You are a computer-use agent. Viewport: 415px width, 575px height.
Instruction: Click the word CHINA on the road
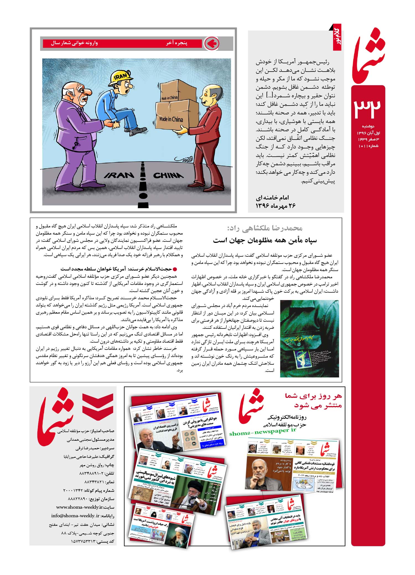168,175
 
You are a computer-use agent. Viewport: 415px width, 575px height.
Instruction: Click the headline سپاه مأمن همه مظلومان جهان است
265,240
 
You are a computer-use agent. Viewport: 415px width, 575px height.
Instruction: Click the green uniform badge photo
309,338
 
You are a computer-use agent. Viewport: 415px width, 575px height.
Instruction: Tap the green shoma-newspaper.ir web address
263,431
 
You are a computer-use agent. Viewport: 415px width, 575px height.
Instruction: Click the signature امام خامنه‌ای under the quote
272,198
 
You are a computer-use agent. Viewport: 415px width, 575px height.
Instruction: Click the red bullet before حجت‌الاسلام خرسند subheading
175,269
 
